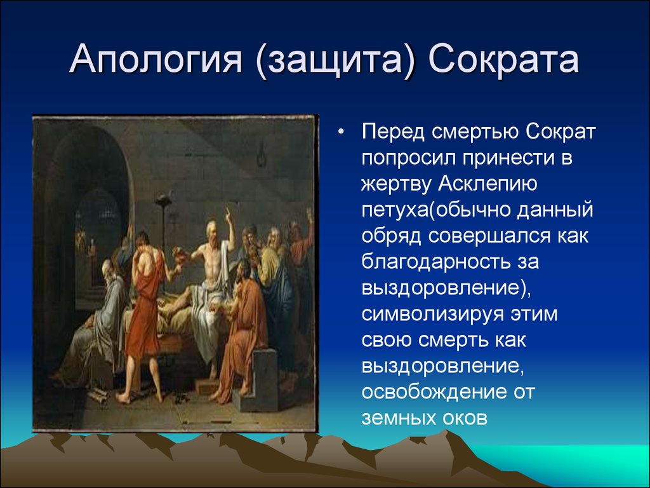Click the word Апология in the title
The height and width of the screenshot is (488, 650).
156,59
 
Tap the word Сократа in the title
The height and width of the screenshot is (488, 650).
503,58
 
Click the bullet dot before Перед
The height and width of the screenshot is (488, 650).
341,132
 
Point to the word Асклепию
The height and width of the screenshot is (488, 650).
487,184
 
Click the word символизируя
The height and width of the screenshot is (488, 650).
428,314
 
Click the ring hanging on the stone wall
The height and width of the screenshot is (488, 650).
261,154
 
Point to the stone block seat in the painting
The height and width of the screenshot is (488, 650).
261,380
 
